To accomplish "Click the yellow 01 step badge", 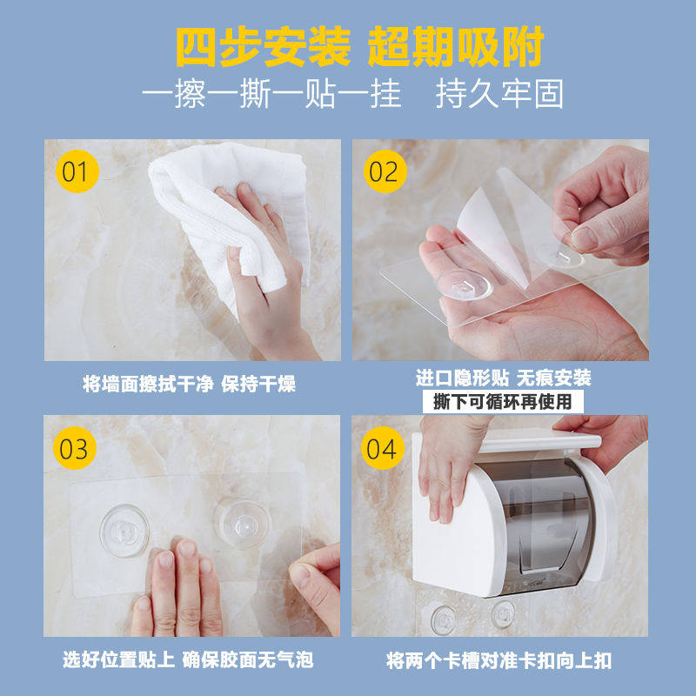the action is coord(77,171).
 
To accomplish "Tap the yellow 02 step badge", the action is coord(385,171).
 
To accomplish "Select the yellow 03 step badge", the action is coord(75,448).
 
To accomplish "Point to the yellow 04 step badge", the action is coord(382,448).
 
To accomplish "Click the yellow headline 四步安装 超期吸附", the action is coord(360,47).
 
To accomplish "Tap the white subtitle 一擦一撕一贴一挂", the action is coord(271,94).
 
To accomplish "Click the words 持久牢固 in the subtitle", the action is coord(499,94).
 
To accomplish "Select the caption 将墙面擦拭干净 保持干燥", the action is coord(189,384).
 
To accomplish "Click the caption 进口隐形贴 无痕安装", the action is coord(504,378).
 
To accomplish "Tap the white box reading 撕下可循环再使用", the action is coord(503,402).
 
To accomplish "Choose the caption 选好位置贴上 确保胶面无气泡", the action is coord(188,659).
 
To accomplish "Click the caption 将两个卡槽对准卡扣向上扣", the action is coord(499,660).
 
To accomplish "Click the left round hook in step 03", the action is coord(124,531).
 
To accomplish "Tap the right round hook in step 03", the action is coord(242,524).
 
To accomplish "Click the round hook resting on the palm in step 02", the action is coord(464,284).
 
